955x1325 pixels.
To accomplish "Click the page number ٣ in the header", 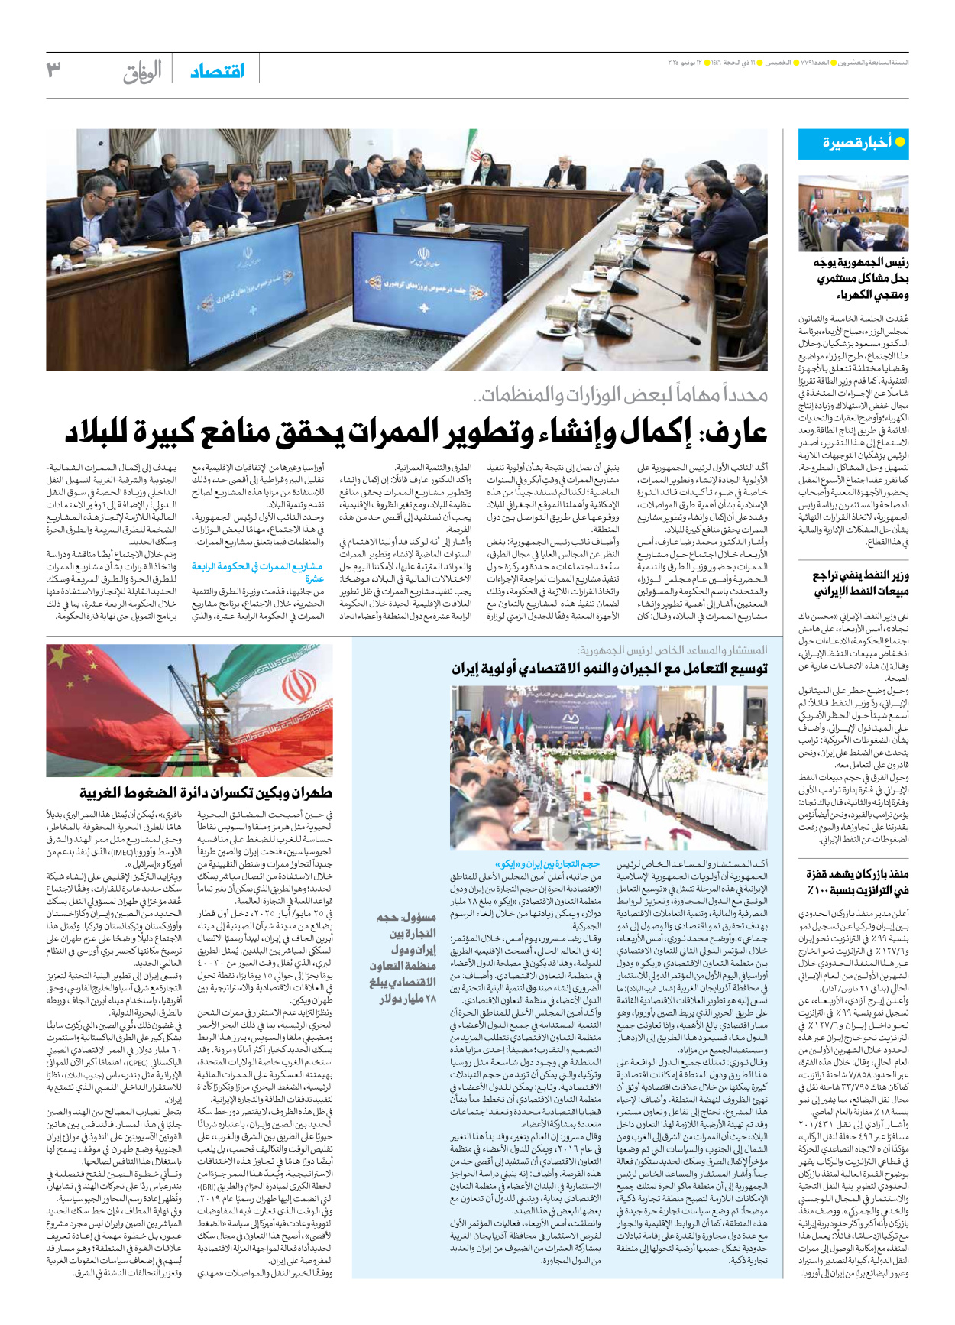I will click(x=53, y=70).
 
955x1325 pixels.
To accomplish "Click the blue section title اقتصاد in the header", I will click(x=218, y=71).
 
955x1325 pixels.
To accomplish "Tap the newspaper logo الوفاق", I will click(x=142, y=71).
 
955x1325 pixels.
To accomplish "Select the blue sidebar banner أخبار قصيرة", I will click(x=853, y=143).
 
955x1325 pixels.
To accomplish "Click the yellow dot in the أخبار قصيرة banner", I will click(x=899, y=142).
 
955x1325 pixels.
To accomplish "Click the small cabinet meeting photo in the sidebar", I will click(x=853, y=213).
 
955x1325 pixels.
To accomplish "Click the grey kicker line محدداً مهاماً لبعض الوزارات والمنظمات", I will click(x=620, y=395).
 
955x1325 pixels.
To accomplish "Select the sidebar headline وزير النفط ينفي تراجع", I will click(x=859, y=583).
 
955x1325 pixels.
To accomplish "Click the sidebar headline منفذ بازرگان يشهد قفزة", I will click(x=856, y=882).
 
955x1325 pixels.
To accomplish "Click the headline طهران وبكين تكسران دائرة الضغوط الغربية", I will click(x=206, y=792).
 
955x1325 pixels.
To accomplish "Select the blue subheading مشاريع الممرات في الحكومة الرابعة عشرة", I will click(x=257, y=572).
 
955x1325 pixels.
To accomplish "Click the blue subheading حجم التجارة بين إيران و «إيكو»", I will click(x=551, y=863).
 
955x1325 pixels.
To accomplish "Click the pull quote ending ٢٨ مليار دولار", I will click(x=402, y=957).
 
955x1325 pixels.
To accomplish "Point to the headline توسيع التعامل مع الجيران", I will click(x=609, y=669).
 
